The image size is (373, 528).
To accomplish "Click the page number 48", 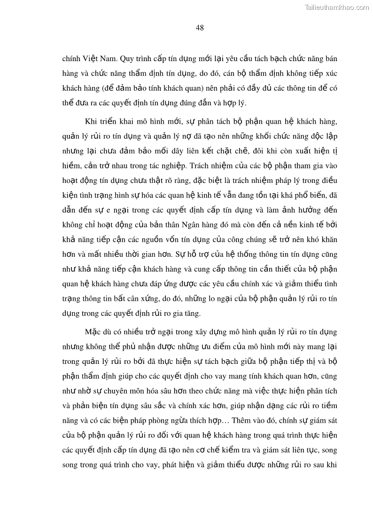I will (x=199, y=28).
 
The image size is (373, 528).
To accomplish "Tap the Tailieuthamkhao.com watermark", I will (x=337, y=7).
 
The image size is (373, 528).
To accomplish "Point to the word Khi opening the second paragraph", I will (x=91, y=121).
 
